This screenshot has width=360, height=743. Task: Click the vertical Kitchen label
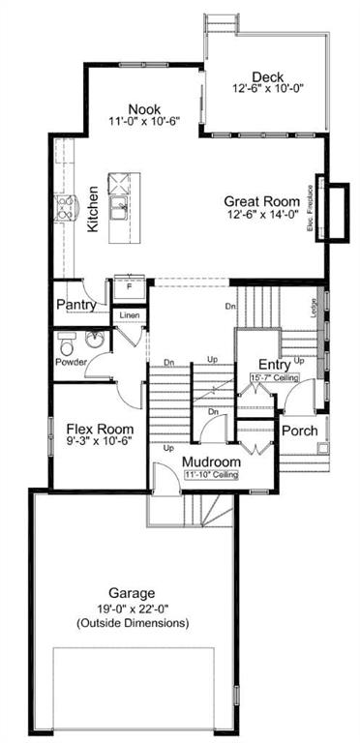tap(93, 208)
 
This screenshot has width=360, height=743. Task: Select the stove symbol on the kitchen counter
tap(67, 207)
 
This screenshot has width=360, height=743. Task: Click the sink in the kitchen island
tap(121, 206)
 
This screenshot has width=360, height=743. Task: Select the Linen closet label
tap(129, 315)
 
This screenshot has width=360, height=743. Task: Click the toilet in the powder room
tap(66, 343)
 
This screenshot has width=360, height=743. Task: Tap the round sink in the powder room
tap(94, 341)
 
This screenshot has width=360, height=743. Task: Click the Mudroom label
tap(213, 462)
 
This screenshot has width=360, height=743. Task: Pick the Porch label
tap(299, 430)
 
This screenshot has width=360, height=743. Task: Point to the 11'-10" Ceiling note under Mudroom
tap(213, 475)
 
